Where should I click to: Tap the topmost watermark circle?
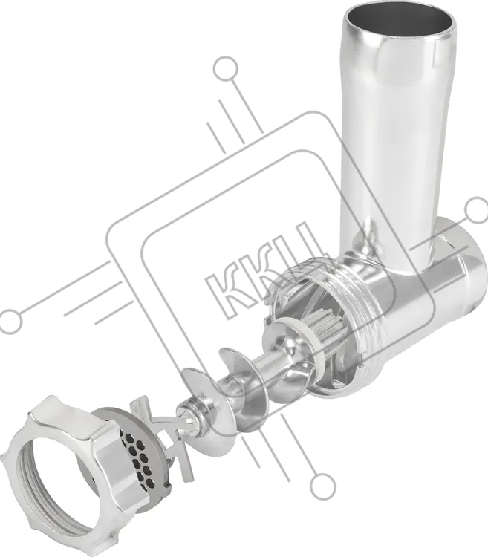click(225, 68)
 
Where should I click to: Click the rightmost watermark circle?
click(477, 210)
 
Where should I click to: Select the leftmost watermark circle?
click(10, 321)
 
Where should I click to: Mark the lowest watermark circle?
click(323, 486)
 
